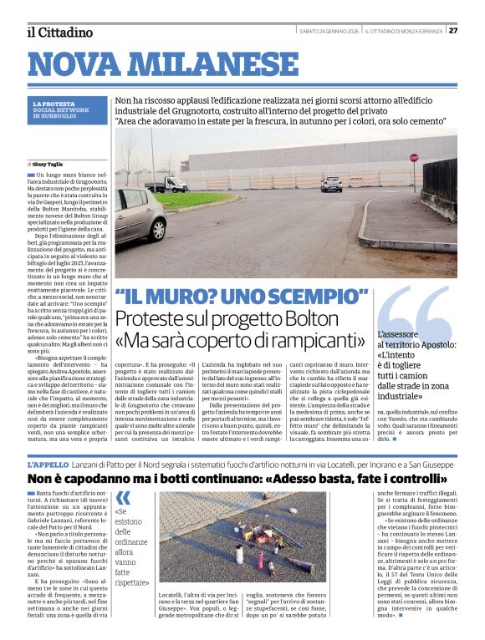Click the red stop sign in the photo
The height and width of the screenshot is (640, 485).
[413, 157]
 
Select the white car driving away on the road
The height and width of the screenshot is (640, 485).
[331, 184]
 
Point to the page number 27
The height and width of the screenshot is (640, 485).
[453, 31]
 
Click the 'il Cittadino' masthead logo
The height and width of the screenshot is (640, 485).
[59, 32]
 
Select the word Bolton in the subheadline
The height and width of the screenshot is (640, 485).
[311, 319]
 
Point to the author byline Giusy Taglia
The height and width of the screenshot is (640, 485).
[48, 164]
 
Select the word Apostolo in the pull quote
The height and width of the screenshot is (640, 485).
[426, 344]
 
